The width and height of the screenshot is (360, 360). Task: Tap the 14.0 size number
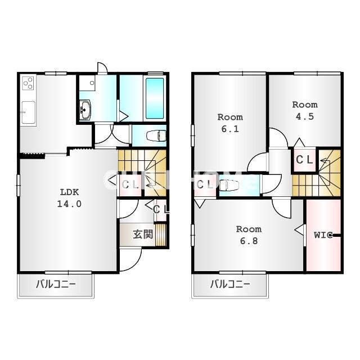pyautogui.click(x=69, y=204)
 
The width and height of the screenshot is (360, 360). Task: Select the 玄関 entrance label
pyautogui.click(x=143, y=234)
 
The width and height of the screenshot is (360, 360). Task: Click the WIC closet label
pyautogui.click(x=324, y=235)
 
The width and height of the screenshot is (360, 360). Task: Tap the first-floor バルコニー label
pyautogui.click(x=56, y=284)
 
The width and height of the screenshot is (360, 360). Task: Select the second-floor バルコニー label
pyautogui.click(x=230, y=284)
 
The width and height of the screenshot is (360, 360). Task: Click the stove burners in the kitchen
pyautogui.click(x=29, y=84)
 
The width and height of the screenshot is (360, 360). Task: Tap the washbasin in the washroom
pyautogui.click(x=85, y=109)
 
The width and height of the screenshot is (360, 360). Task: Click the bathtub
pyautogui.click(x=155, y=98)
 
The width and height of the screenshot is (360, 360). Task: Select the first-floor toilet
pyautogui.click(x=155, y=136)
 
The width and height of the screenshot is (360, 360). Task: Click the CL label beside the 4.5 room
pyautogui.click(x=305, y=160)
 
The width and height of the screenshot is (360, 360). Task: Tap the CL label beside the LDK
pyautogui.click(x=131, y=183)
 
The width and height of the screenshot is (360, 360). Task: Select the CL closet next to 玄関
pyautogui.click(x=160, y=209)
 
